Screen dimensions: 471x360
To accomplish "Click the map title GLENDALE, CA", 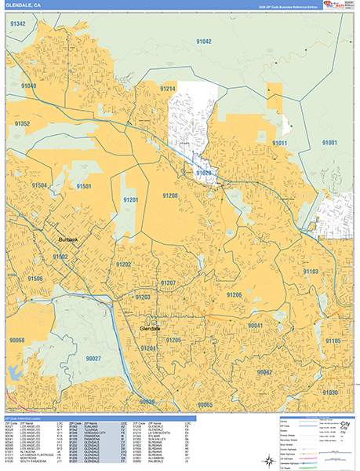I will [23, 5].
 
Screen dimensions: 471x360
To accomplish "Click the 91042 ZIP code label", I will [204, 40].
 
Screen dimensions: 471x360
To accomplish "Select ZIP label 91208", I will [170, 195].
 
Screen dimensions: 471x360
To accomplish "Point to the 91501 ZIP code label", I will [84, 186].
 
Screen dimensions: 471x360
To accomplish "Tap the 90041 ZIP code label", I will [256, 325].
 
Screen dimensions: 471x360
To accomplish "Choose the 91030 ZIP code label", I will [329, 392].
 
